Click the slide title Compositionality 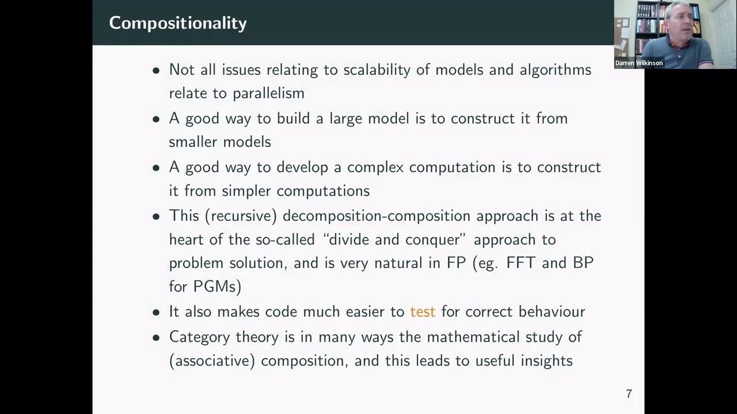click(x=177, y=23)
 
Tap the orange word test click(x=422, y=312)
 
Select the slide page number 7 click(x=629, y=394)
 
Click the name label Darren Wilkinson click(x=639, y=63)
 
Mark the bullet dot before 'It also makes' click(x=156, y=313)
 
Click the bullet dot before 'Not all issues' click(x=156, y=71)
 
